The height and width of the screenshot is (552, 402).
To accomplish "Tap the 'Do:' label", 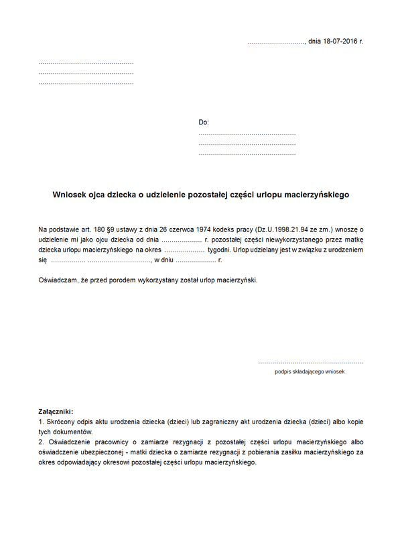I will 204,122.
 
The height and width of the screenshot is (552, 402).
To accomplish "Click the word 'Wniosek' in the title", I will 69,195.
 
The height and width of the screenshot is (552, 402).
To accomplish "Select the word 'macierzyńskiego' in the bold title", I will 318,195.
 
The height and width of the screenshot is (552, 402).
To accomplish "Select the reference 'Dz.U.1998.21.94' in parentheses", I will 286,229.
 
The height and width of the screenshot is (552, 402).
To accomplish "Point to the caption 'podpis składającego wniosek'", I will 310,371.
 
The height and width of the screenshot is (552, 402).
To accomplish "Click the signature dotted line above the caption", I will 310,362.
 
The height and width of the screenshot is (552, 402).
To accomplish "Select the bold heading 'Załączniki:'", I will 56,411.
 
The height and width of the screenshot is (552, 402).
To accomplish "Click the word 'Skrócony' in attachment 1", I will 61,423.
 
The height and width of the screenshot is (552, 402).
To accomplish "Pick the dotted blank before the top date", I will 275,42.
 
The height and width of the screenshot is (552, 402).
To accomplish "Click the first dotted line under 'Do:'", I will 247,134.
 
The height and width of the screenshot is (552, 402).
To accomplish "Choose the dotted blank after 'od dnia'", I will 182,240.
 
